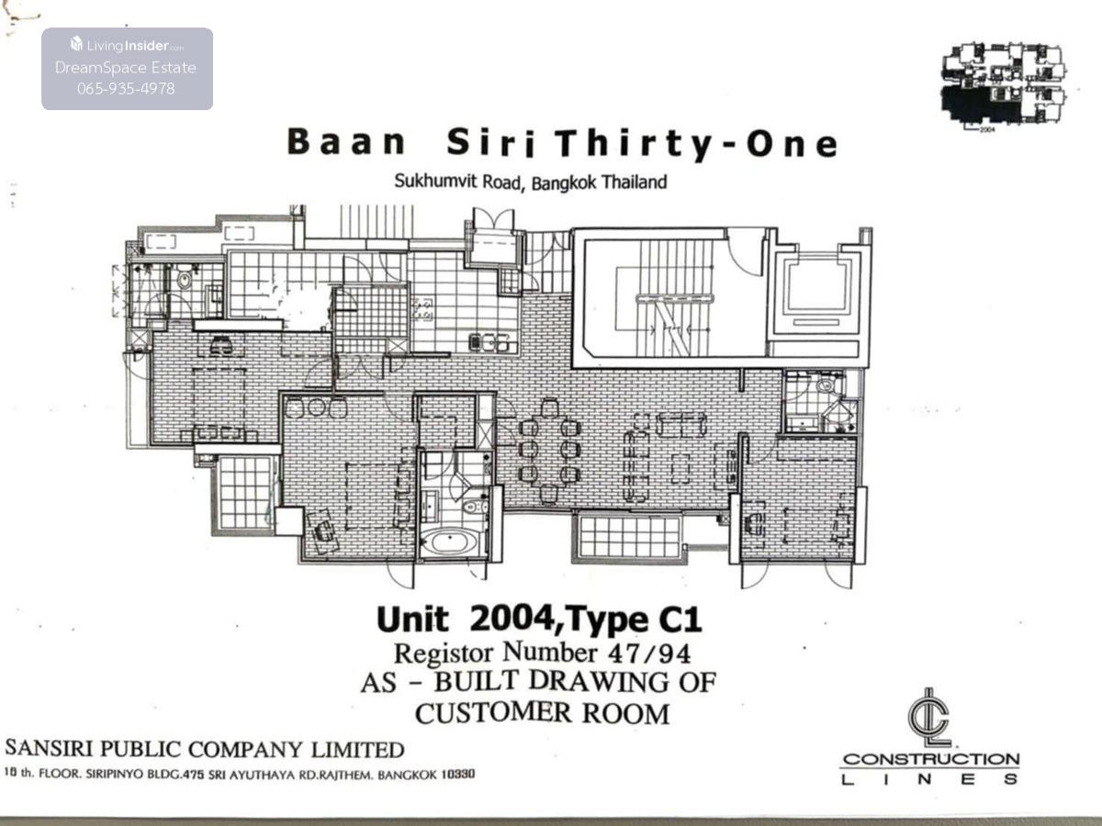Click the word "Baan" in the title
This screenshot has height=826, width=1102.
(x=347, y=141)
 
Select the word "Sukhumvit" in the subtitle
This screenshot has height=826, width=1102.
(x=436, y=181)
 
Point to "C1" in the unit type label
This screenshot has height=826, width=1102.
(x=680, y=620)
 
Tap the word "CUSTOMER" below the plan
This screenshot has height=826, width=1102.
(x=493, y=713)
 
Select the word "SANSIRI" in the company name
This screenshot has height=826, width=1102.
(x=49, y=749)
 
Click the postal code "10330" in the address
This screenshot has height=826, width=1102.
(x=458, y=775)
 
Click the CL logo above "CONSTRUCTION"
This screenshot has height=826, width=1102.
(x=929, y=719)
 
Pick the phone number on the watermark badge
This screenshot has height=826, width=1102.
(x=127, y=89)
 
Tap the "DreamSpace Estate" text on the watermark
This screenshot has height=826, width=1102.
(x=126, y=67)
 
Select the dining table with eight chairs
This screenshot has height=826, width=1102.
(x=549, y=451)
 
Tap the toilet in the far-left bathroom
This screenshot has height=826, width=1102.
(x=185, y=279)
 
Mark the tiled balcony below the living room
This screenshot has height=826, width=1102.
(x=628, y=537)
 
